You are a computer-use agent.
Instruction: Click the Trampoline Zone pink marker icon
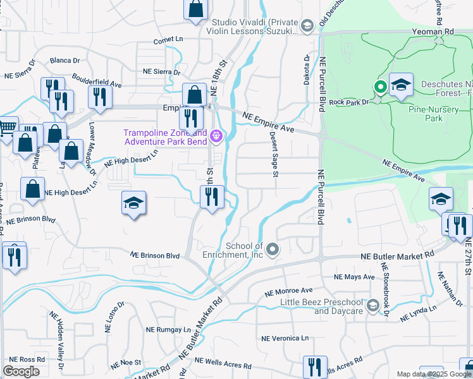click(x=217, y=135)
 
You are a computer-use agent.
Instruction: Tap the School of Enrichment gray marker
click(x=273, y=250)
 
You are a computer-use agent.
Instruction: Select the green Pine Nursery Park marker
click(x=381, y=87)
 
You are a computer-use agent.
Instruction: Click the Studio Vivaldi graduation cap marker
click(x=307, y=25)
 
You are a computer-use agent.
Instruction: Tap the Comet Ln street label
click(x=168, y=40)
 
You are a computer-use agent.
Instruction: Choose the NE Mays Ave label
click(x=355, y=277)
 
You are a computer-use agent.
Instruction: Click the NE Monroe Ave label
click(x=289, y=292)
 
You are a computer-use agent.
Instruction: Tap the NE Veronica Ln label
click(x=287, y=339)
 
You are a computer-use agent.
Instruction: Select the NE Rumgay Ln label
click(x=169, y=330)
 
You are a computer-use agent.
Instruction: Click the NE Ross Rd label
click(x=32, y=359)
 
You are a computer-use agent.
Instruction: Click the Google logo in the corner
click(x=21, y=371)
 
